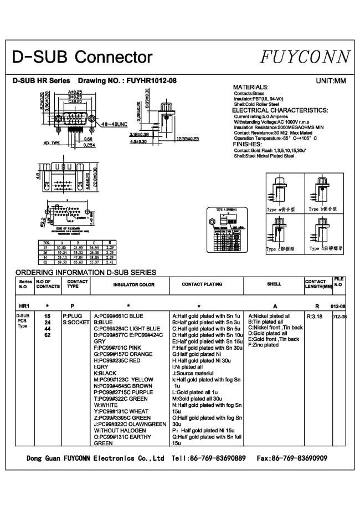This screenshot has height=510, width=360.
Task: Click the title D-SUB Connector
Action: (x=83, y=57)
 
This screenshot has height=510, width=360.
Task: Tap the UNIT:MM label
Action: (x=331, y=81)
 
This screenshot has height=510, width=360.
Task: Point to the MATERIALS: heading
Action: (x=251, y=88)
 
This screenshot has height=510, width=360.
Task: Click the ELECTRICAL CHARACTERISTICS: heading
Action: (x=280, y=110)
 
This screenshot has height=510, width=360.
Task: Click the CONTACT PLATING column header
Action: (x=202, y=284)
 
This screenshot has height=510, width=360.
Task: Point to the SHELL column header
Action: (x=274, y=284)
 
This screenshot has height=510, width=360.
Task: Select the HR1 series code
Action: (x=24, y=305)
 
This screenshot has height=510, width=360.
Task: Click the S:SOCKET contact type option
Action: (x=75, y=322)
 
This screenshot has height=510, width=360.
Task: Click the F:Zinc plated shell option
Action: (x=264, y=345)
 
